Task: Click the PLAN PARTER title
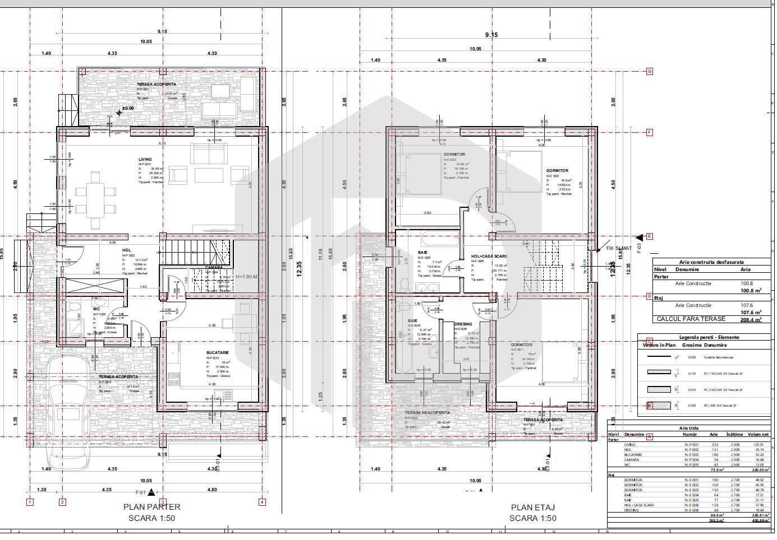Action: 151,506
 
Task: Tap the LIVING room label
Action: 145,160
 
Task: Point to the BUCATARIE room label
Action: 217,353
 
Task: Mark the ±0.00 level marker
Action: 128,108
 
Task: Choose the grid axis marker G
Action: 650,71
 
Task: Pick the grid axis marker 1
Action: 30,502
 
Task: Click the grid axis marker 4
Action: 262,502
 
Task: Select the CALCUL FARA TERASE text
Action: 691,319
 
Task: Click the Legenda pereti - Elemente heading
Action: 709,337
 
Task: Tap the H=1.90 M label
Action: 246,276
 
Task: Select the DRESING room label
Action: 463,324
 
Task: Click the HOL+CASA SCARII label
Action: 489,256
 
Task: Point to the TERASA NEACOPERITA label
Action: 427,412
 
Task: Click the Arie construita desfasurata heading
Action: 711,262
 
